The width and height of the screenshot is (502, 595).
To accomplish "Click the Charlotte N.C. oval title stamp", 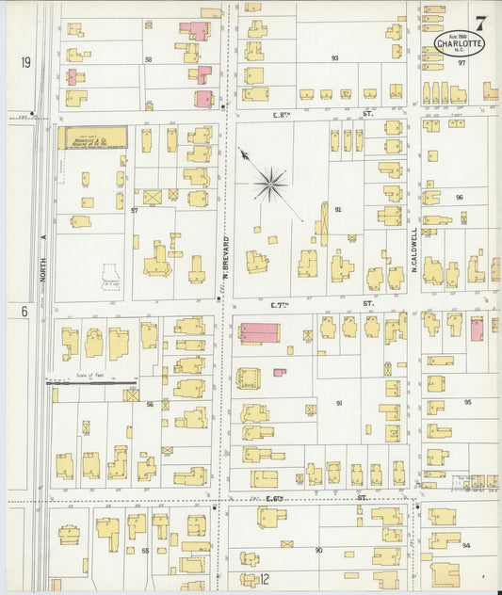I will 462,43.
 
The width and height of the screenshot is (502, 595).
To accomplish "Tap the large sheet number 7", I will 480,22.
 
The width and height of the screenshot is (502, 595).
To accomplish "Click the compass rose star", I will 271,184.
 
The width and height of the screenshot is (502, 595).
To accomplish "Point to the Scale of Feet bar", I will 92,383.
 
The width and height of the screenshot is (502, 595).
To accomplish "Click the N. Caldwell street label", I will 413,248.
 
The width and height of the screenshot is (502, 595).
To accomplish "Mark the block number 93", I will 334,58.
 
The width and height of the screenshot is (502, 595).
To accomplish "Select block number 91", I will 338,403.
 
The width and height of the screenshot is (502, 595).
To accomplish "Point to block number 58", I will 148,59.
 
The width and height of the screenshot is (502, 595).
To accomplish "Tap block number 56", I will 149,403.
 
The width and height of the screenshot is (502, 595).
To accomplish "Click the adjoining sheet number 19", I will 25,62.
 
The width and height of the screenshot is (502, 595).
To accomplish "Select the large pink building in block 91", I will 259,333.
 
